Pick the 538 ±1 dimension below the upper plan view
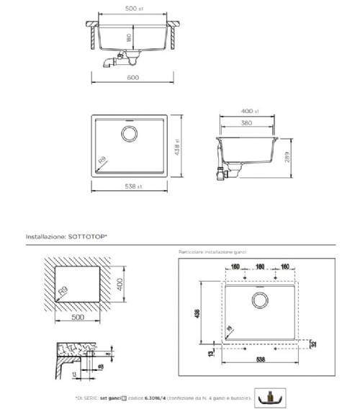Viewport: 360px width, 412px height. tap(132, 187)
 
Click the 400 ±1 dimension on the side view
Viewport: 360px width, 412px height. tap(249, 112)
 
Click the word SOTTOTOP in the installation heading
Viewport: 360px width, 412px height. tap(91, 236)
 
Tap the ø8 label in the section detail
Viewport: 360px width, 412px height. tap(103, 366)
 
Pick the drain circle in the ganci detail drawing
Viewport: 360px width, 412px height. tap(258, 300)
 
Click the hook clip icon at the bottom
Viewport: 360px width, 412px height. tap(271, 395)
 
